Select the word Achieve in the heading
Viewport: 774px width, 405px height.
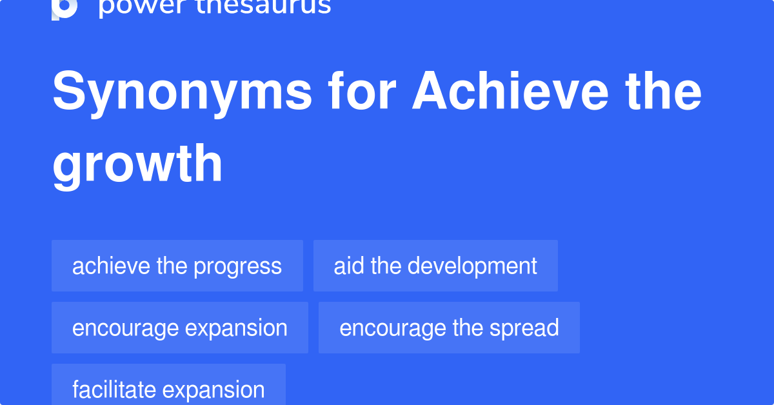point(510,92)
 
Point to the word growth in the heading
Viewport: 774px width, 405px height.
point(137,165)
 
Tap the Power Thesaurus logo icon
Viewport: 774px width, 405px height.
point(64,8)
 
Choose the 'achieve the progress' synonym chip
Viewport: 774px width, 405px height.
point(177,266)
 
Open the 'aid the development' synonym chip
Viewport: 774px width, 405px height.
point(435,266)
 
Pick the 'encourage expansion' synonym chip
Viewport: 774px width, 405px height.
point(180,328)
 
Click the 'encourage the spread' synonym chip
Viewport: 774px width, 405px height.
point(449,328)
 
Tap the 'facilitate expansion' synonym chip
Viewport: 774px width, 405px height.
point(168,389)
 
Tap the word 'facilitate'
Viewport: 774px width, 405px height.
point(114,390)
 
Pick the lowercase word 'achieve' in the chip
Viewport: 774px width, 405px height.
point(111,266)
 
